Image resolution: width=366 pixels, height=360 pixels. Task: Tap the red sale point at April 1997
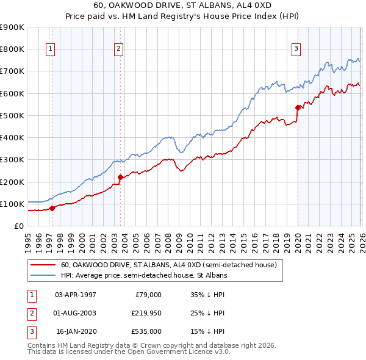coord(52,208)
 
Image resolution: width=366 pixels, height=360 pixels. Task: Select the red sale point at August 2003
coord(120,178)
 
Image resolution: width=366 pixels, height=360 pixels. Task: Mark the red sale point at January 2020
coord(298,108)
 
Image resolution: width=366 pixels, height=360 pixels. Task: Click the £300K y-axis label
coord(12,159)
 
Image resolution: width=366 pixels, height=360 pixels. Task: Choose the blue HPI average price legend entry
coord(144,275)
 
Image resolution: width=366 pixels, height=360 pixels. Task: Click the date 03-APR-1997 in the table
coord(76,294)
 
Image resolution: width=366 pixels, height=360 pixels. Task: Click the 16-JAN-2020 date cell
coord(76,331)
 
